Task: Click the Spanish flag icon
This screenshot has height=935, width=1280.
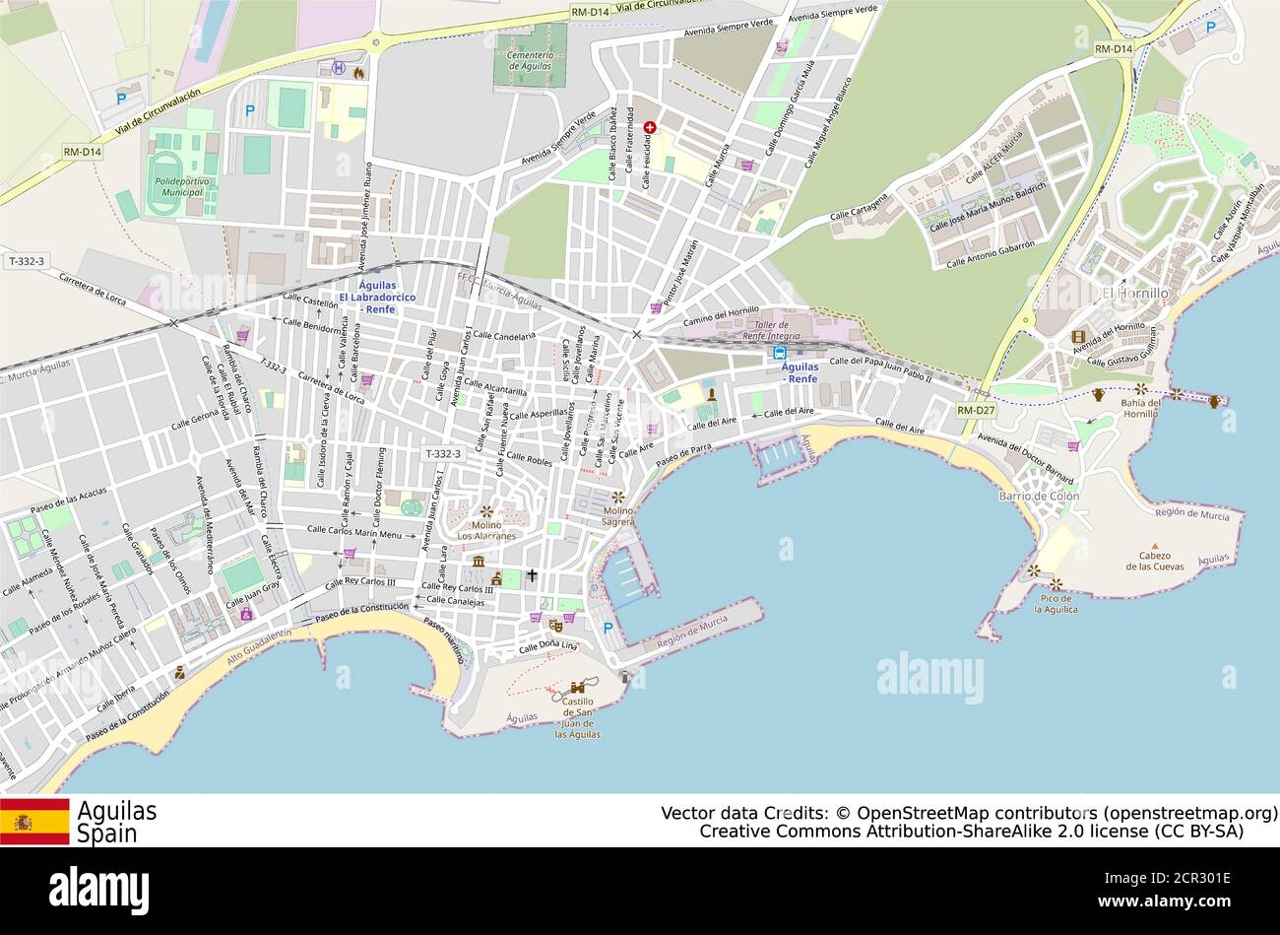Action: point(34,822)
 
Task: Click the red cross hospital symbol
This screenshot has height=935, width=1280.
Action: point(650,128)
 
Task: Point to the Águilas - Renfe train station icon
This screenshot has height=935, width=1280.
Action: point(780,353)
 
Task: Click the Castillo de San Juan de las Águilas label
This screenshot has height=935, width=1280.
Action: point(577,718)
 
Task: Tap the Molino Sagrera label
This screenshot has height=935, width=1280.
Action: point(618,515)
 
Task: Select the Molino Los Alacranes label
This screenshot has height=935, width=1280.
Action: point(486,530)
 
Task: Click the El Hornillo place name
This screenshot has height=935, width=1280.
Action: point(1134,294)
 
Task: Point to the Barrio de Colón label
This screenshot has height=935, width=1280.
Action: point(1039,497)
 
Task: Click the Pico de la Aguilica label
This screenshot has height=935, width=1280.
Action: point(1056,603)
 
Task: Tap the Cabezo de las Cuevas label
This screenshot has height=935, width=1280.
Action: point(1155,561)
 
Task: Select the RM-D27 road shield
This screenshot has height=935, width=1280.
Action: point(975,410)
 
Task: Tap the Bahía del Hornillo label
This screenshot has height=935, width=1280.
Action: point(1140,408)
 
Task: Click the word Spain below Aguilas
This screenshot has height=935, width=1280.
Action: point(107,834)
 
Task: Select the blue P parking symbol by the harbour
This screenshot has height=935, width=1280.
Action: point(608,628)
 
